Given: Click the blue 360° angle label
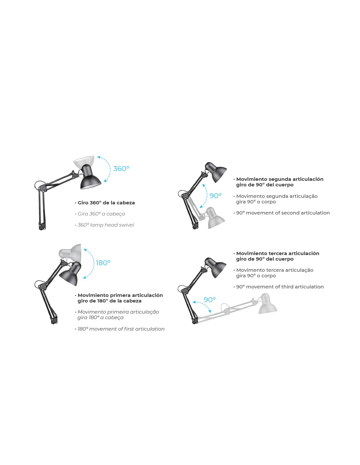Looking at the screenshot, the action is pyautogui.click(x=121, y=169).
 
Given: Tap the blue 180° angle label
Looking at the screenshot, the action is pyautogui.click(x=103, y=263).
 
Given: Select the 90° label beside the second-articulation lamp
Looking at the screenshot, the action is pyautogui.click(x=215, y=196).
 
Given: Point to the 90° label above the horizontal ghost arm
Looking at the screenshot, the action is pyautogui.click(x=209, y=300).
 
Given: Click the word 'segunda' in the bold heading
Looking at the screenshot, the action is pyautogui.click(x=280, y=179).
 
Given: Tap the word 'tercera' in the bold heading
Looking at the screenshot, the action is pyautogui.click(x=278, y=253).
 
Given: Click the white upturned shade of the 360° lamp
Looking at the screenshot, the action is pyautogui.click(x=84, y=162).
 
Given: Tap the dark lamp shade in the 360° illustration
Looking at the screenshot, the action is pyautogui.click(x=90, y=177).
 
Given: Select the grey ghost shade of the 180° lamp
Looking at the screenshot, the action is pyautogui.click(x=71, y=252).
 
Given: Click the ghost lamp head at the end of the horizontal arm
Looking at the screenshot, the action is pyautogui.click(x=267, y=304).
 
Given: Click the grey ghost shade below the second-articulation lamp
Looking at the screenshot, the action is pyautogui.click(x=216, y=218).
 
